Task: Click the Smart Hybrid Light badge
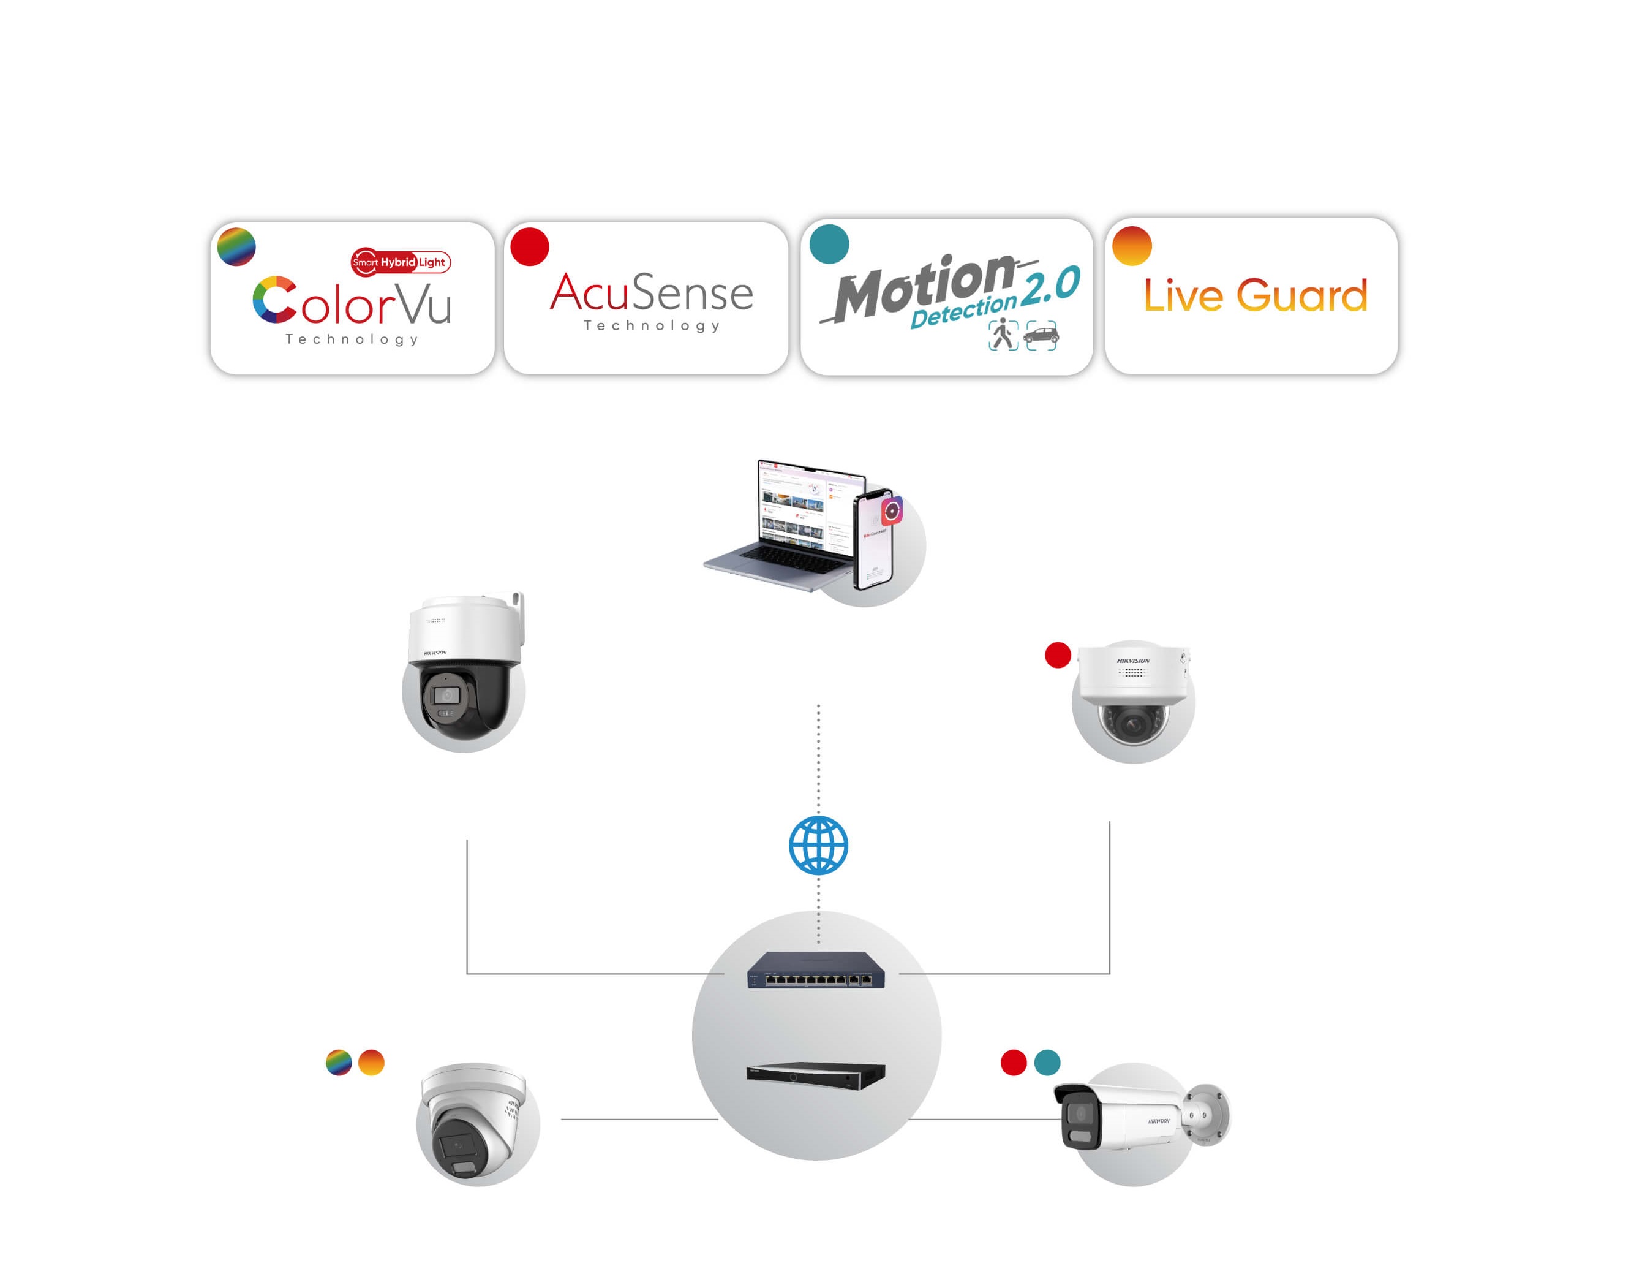coord(401,262)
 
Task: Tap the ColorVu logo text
coord(352,301)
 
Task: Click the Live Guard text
coord(1255,295)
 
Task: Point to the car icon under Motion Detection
coord(1041,335)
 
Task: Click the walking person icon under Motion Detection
coord(1003,334)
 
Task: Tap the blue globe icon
coord(818,846)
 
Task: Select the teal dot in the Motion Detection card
coord(829,244)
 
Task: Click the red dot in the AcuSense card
coord(530,246)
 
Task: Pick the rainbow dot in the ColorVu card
coord(236,246)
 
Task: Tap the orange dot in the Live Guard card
coord(1131,246)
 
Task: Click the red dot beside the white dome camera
coord(1057,655)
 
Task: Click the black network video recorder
coord(816,1075)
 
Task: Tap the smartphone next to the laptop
coord(874,539)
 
